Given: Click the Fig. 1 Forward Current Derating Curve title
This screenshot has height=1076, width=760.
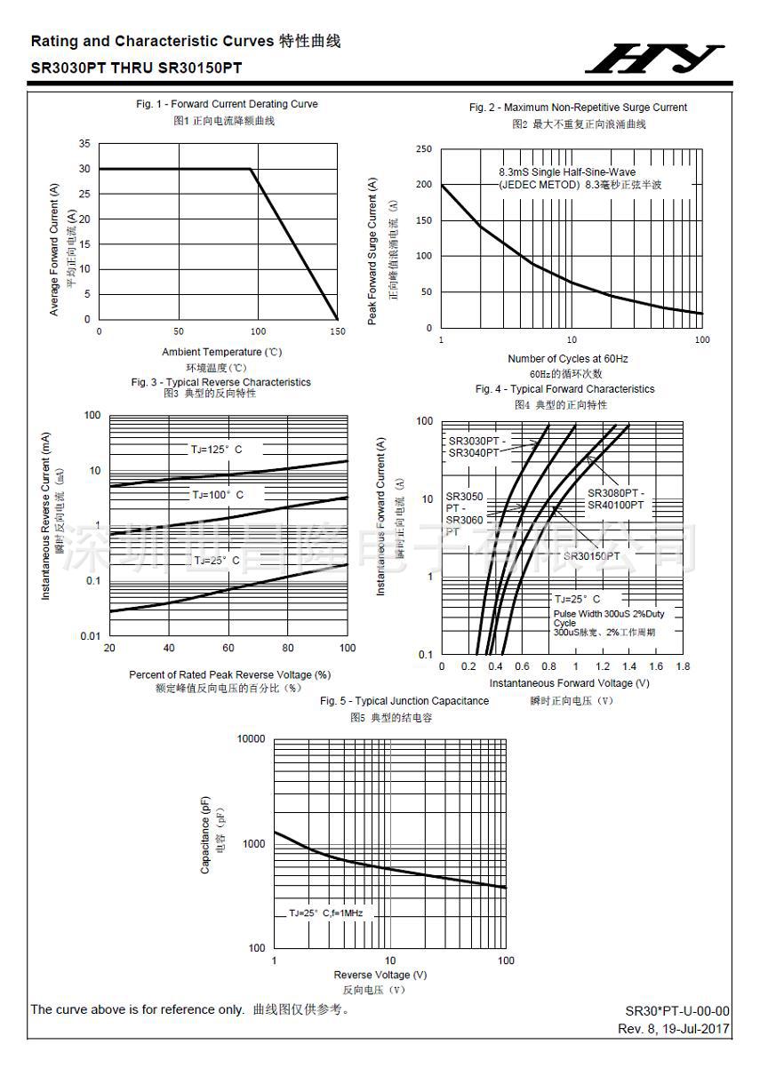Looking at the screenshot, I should pyautogui.click(x=227, y=104).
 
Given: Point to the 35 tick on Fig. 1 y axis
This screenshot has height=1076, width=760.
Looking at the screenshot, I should pyautogui.click(x=84, y=144).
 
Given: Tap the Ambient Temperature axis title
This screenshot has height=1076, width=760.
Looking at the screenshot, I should pyautogui.click(x=221, y=352).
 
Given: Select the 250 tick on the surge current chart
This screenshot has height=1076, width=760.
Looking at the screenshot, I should pyautogui.click(x=423, y=149).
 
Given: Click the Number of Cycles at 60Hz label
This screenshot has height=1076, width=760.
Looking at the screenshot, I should pyautogui.click(x=567, y=359).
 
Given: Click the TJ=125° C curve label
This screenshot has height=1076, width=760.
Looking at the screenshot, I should pyautogui.click(x=216, y=450).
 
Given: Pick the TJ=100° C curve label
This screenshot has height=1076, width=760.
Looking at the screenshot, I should pyautogui.click(x=218, y=494).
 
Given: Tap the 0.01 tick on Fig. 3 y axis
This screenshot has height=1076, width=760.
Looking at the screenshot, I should pyautogui.click(x=90, y=636).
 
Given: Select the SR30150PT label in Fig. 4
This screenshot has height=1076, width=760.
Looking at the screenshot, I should pyautogui.click(x=591, y=556).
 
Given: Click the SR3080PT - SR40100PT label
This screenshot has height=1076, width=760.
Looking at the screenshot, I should pyautogui.click(x=615, y=498).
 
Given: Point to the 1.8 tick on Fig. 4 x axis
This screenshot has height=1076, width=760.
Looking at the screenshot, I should pyautogui.click(x=683, y=666).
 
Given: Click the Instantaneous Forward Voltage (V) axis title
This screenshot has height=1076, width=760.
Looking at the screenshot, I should pyautogui.click(x=569, y=683).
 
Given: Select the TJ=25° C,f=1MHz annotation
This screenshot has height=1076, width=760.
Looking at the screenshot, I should pyautogui.click(x=325, y=913).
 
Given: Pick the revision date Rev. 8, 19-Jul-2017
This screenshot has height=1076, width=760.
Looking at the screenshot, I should pyautogui.click(x=674, y=1028).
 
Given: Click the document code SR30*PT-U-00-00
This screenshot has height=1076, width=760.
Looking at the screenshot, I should pyautogui.click(x=677, y=1011).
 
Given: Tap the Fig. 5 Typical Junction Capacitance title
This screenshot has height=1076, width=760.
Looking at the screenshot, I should pyautogui.click(x=404, y=701).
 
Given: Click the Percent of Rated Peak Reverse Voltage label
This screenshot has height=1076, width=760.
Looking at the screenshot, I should pyautogui.click(x=229, y=674).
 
